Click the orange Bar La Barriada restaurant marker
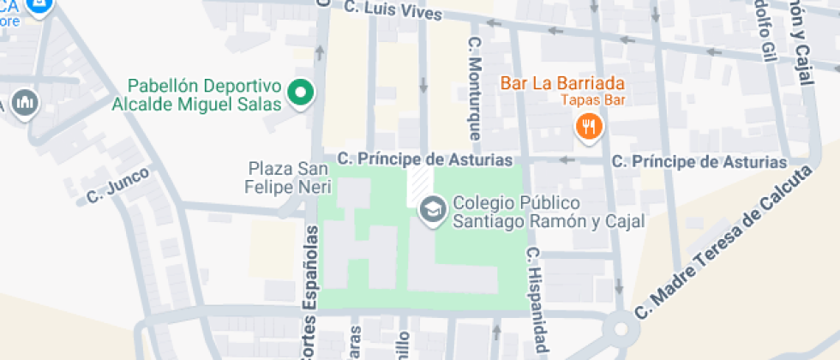tap(588, 127)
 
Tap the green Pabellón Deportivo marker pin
tap(300, 93)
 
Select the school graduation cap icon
tap(431, 209)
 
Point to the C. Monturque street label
tap(474, 88)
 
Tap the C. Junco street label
tap(118, 186)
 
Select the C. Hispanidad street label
tap(537, 300)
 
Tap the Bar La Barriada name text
tap(561, 84)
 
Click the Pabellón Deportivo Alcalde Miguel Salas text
tap(204, 95)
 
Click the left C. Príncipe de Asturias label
tap(424, 159)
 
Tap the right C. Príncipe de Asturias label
tap(699, 162)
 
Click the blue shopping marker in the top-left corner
tap(38, 7)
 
